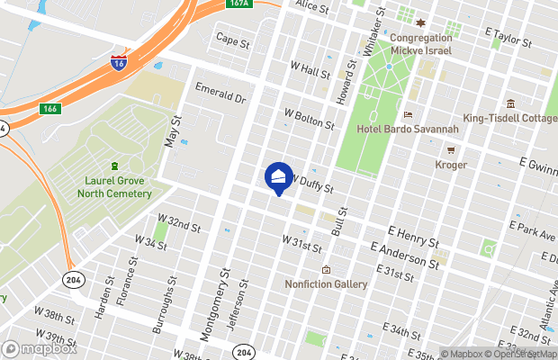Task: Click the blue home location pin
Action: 279,175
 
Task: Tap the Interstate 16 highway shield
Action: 118,61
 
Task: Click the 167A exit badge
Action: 238,4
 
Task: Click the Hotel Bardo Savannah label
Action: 408,130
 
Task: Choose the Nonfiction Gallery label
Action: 326,284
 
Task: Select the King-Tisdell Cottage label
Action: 509,119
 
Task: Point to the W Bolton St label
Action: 309,119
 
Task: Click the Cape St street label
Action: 232,40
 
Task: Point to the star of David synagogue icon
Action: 419,22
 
